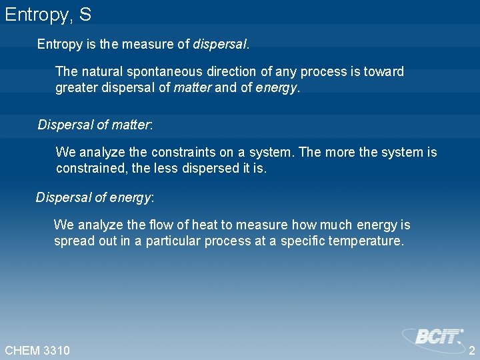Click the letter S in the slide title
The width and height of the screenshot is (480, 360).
(x=85, y=15)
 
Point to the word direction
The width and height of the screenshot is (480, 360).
(x=232, y=71)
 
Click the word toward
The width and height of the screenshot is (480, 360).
(x=385, y=71)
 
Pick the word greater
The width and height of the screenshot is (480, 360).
(x=77, y=88)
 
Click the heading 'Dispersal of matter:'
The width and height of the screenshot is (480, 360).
(x=95, y=125)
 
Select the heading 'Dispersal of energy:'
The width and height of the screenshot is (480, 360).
(x=95, y=197)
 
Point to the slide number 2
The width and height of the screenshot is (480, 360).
(x=472, y=350)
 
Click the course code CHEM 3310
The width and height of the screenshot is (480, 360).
(x=37, y=350)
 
